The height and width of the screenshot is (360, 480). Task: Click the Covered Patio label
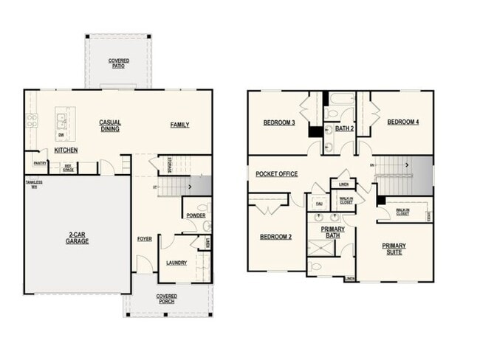click(x=117, y=63)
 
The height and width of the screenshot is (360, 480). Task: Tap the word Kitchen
click(x=66, y=150)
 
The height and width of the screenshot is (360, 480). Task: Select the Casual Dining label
click(x=111, y=125)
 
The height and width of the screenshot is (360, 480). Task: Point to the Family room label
click(x=179, y=125)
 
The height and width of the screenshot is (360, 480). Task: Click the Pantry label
click(x=41, y=164)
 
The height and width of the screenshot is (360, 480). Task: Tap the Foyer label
click(x=145, y=239)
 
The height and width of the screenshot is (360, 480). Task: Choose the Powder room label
click(x=196, y=215)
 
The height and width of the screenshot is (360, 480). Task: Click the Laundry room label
click(x=176, y=263)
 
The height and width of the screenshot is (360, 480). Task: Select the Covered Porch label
click(x=166, y=299)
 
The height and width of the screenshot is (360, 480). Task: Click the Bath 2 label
click(x=345, y=128)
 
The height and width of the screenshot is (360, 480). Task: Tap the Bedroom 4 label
click(x=403, y=122)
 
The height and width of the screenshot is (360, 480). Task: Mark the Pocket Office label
click(x=276, y=174)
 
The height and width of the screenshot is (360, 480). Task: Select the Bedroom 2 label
click(x=275, y=237)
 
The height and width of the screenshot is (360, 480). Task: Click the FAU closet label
click(x=319, y=204)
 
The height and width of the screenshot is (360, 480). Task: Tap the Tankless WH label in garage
click(x=34, y=184)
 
